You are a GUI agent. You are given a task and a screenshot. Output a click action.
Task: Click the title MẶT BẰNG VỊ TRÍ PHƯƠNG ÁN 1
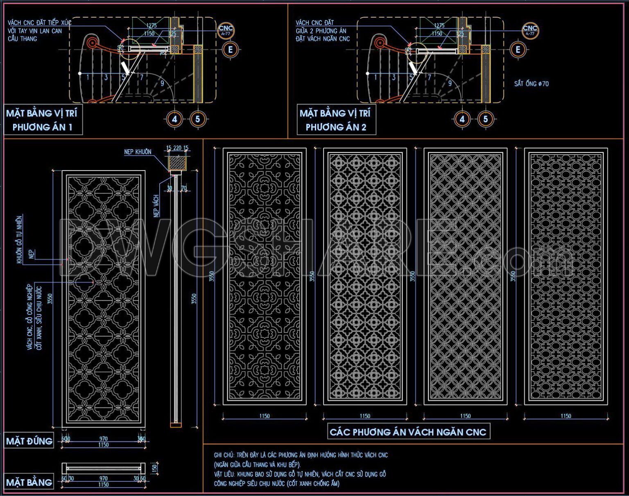42,120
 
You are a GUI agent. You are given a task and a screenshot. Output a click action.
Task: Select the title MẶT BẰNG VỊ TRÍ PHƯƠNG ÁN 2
335,120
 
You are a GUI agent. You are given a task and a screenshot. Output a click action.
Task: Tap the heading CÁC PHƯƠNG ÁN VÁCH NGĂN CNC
408,432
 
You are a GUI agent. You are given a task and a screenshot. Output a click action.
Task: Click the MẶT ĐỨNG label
29,441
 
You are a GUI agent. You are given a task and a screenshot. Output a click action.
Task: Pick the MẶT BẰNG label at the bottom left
29,482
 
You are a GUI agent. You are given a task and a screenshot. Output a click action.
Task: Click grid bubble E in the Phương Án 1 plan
231,50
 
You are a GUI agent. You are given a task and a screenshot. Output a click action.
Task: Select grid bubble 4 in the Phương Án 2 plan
462,119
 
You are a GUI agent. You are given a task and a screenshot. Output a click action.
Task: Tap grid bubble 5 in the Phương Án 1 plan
197,119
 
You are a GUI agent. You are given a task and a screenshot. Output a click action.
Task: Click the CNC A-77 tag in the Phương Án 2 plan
530,30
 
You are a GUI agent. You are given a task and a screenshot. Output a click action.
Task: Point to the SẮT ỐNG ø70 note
531,84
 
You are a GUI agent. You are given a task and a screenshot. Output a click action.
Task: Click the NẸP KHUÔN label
138,152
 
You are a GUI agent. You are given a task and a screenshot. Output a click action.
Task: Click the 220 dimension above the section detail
177,148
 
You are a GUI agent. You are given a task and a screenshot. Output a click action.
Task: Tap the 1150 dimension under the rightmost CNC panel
566,416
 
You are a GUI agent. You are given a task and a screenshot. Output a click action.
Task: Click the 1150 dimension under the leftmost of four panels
264,416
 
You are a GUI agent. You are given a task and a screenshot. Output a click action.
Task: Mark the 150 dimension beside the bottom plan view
154,468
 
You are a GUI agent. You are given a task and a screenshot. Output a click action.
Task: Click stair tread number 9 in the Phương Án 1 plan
163,83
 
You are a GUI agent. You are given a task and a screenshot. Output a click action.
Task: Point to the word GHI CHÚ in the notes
224,455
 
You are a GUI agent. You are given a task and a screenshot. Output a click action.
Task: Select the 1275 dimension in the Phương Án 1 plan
152,25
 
